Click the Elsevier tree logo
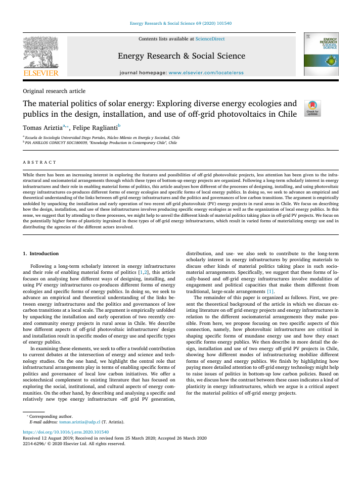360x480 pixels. click(40, 52)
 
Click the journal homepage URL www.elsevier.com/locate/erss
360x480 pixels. click(206, 73)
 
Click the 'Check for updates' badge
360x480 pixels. click(312, 108)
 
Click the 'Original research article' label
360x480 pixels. click(54, 91)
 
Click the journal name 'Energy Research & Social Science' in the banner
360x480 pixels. click(181, 56)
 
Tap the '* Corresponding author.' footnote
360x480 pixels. click(51, 416)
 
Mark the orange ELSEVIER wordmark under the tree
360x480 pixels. click(41, 73)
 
